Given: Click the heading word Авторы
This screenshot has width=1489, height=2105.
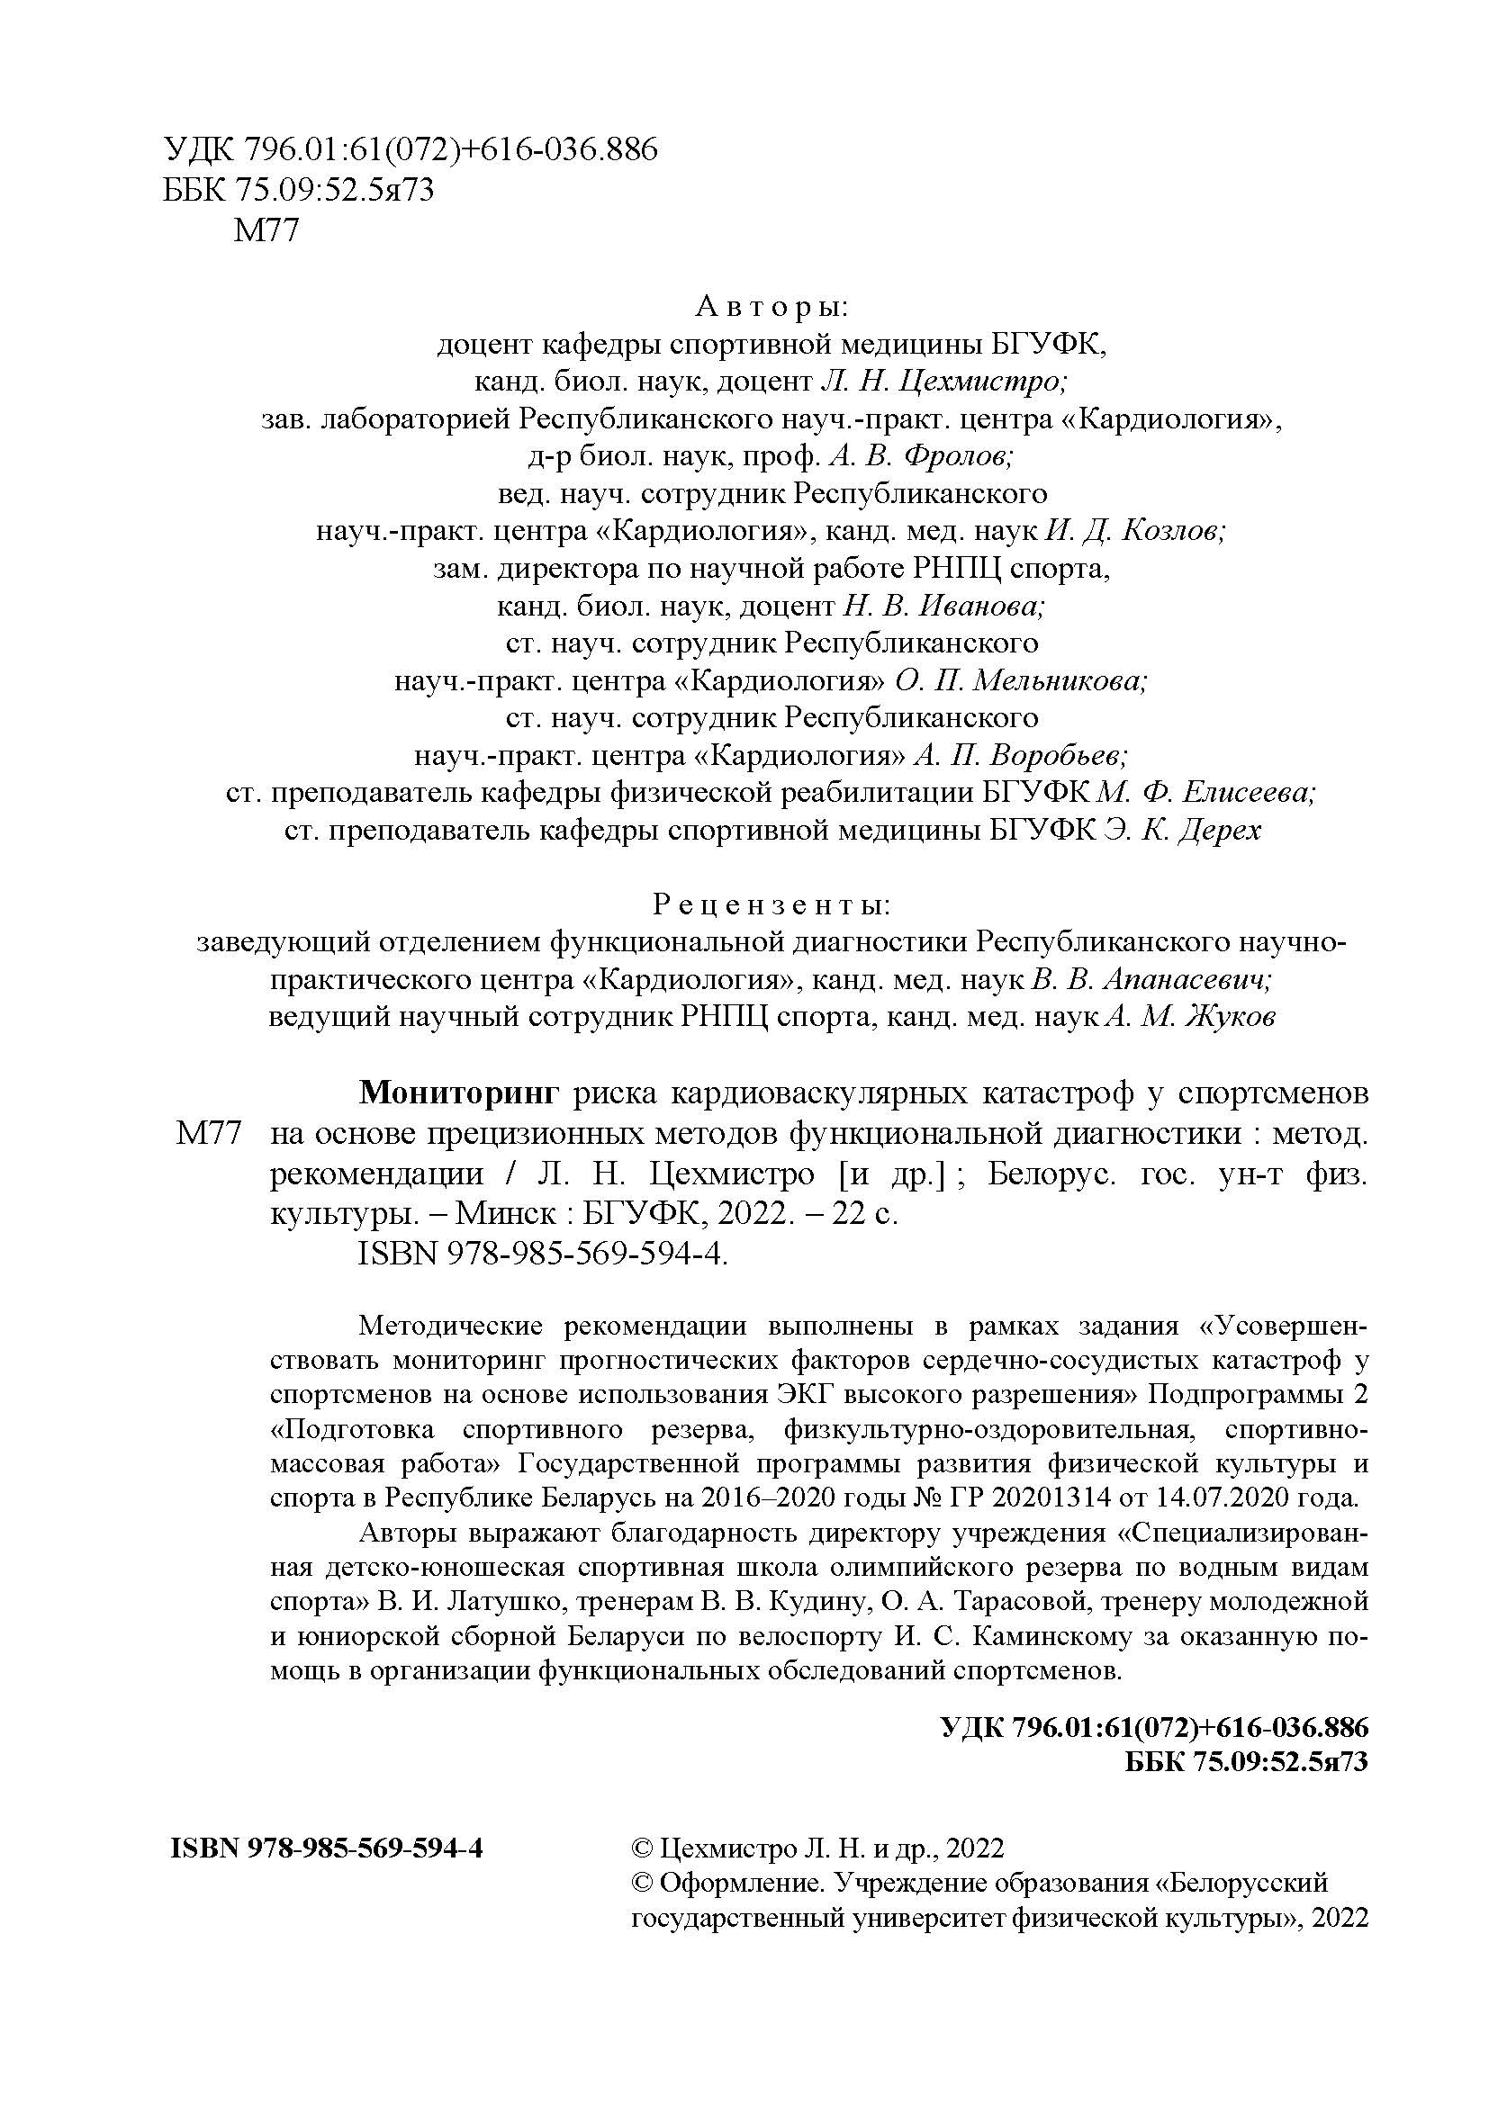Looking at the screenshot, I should tap(772, 306).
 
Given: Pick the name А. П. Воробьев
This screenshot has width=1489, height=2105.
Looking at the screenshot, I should tap(1022, 756).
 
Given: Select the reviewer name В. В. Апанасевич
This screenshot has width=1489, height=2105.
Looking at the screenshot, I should tap(1151, 980).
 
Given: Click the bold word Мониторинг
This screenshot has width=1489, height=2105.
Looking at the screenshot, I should tap(458, 1093).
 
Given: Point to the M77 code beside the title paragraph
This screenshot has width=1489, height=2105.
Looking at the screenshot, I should tap(208, 1134).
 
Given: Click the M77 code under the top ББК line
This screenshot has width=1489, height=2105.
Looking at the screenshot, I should tap(266, 229).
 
